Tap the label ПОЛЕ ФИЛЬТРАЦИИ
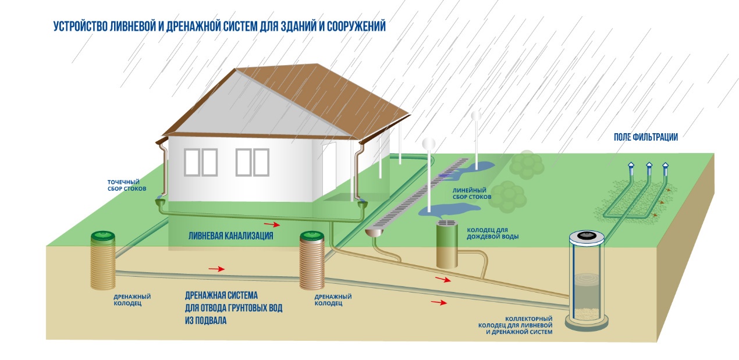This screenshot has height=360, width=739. (646, 137)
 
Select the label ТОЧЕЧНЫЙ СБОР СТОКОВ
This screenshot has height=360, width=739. (127, 186)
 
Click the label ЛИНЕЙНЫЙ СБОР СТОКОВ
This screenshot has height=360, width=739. (472, 194)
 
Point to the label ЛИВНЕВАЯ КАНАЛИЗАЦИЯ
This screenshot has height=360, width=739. (230, 236)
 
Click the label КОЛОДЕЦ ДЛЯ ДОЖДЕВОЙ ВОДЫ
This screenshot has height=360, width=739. (492, 233)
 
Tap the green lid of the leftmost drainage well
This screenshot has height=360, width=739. (103, 236)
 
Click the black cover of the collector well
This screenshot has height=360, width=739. (587, 235)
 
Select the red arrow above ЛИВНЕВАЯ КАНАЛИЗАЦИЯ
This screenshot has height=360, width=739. (272, 225)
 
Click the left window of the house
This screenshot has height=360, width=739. (201, 162)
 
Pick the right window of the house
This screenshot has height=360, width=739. (252, 162)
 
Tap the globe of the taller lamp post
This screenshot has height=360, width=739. (476, 116)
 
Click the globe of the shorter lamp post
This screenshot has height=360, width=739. (428, 144)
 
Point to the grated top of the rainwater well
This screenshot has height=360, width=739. (447, 223)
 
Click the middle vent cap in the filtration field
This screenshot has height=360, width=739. (649, 166)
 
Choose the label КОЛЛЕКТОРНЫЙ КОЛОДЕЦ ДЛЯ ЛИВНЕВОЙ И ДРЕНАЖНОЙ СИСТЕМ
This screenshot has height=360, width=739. (516, 325)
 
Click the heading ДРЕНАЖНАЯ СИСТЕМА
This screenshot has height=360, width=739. (221, 295)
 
